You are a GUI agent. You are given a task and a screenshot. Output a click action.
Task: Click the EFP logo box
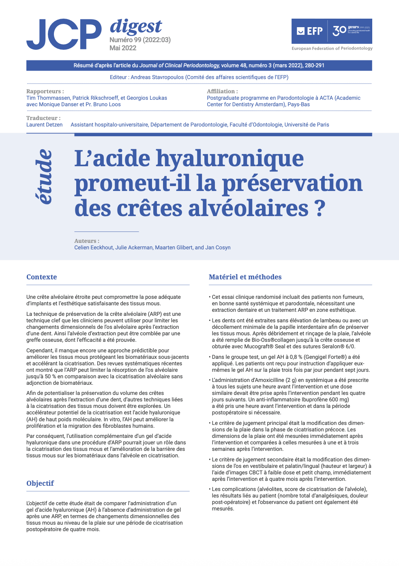coord(331,31)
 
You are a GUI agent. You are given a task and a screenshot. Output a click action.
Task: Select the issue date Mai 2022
coord(123,48)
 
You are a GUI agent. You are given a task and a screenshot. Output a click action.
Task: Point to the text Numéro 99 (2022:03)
coord(140,40)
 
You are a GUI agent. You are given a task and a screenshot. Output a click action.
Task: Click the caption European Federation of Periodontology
coord(332,48)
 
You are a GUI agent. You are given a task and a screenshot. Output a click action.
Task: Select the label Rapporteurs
coord(45,91)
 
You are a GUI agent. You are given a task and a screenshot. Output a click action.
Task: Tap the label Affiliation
coord(222,91)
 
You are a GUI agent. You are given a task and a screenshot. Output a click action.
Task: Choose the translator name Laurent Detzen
coord(44,124)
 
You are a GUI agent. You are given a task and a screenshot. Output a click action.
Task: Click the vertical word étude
coord(44,177)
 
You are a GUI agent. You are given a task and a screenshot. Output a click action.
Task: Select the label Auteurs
coord(86,241)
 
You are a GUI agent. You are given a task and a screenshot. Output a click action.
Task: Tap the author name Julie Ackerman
coord(134,247)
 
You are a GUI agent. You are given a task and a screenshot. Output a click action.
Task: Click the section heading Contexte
coord(41,277)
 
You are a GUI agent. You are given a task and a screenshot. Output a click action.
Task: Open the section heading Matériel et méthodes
coord(245,277)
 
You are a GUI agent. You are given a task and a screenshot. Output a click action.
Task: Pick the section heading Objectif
coord(40,483)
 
